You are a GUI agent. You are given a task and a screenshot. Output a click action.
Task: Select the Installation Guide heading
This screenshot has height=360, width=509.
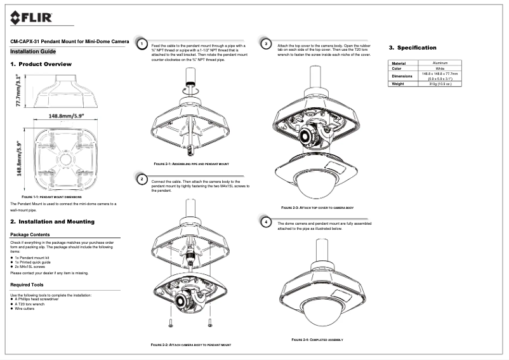pos(34,51)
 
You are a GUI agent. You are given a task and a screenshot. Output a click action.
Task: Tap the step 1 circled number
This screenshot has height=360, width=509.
pos(142,44)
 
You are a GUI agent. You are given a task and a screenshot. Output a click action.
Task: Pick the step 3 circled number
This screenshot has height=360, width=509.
pos(267,44)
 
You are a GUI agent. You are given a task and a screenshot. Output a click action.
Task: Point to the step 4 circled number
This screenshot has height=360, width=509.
pos(267,222)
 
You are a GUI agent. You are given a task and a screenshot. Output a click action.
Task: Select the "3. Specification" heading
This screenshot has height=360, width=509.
pos(413,48)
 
